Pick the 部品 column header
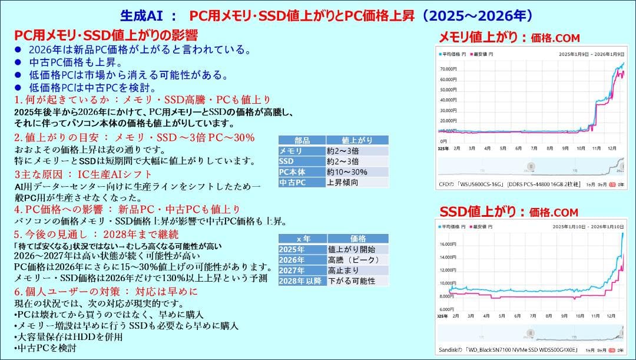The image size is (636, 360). pyautogui.click(x=302, y=140)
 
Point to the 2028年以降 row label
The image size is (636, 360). pyautogui.click(x=300, y=281)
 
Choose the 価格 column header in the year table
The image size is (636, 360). pyautogui.click(x=357, y=239)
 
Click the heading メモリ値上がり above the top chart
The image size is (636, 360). pyautogui.click(x=483, y=38)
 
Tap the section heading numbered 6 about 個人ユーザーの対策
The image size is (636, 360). pyautogui.click(x=106, y=292)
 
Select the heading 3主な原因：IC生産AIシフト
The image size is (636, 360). pyautogui.click(x=83, y=174)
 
